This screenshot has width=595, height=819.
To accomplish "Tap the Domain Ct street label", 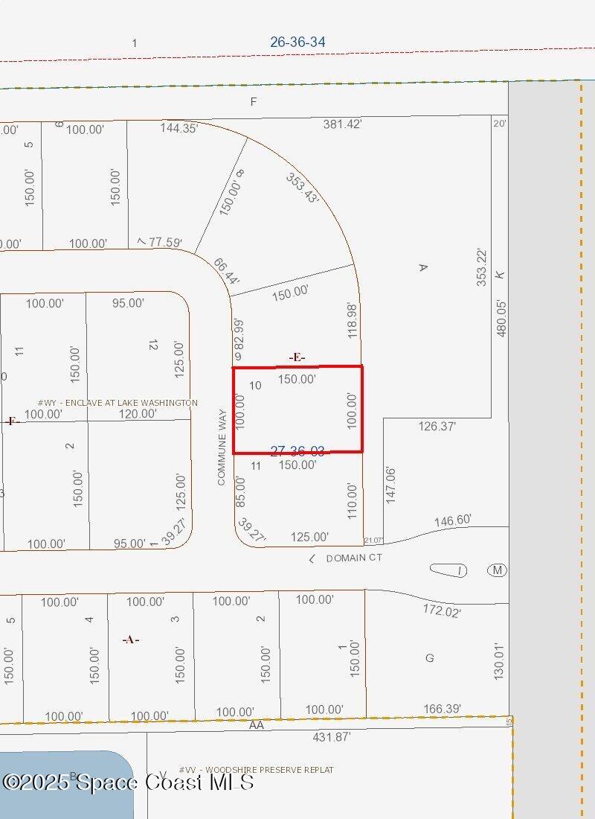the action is (354, 558).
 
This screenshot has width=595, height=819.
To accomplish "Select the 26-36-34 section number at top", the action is (297, 42).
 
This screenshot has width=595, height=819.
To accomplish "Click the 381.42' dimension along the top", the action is (342, 124).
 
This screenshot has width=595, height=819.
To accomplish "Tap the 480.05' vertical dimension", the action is (501, 318).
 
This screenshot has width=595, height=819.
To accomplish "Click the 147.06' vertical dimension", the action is (391, 485).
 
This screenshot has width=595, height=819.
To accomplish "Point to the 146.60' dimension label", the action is (453, 520).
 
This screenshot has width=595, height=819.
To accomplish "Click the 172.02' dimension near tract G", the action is (441, 612).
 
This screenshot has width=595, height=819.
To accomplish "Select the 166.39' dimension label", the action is (441, 708).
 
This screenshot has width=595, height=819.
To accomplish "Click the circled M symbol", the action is (497, 570).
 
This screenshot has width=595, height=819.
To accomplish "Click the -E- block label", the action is (297, 357).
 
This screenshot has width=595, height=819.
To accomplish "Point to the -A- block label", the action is (131, 639).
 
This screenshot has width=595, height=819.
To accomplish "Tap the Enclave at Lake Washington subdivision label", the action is (118, 403).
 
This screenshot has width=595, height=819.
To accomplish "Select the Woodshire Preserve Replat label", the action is (256, 770).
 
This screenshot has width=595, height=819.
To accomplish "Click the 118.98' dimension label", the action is (353, 320).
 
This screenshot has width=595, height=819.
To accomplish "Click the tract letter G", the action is (429, 658).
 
